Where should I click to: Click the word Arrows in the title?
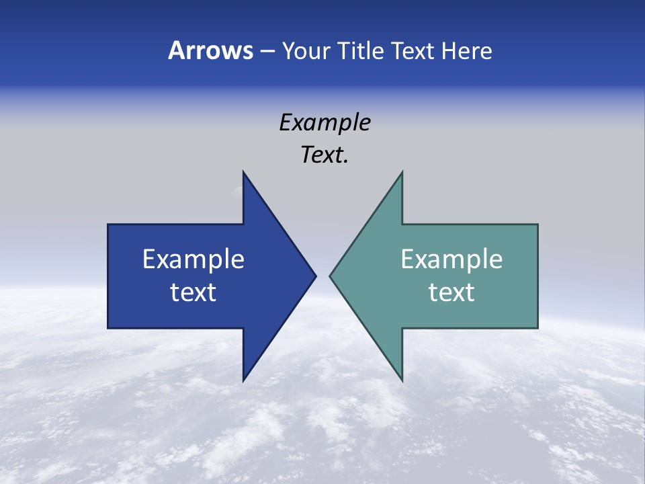pos(210,50)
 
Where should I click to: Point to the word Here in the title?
pos(466,50)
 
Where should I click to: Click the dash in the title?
pos(267,52)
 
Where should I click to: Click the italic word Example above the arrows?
pos(325,122)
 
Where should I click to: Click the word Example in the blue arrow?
pos(193,259)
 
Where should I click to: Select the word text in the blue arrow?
pos(193,292)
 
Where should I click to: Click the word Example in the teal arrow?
pos(451,259)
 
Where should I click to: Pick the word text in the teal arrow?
pos(451,292)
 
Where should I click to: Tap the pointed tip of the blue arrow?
pos(316,276)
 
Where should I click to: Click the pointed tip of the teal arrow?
pos(330,276)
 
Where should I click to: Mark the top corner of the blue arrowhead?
pos(243,171)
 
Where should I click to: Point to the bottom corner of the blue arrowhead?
pos(243,381)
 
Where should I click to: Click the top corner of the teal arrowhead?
pos(402,171)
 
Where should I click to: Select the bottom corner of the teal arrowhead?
pos(402,381)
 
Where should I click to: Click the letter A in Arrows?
pos(176,50)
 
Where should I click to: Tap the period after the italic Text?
pos(346,162)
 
